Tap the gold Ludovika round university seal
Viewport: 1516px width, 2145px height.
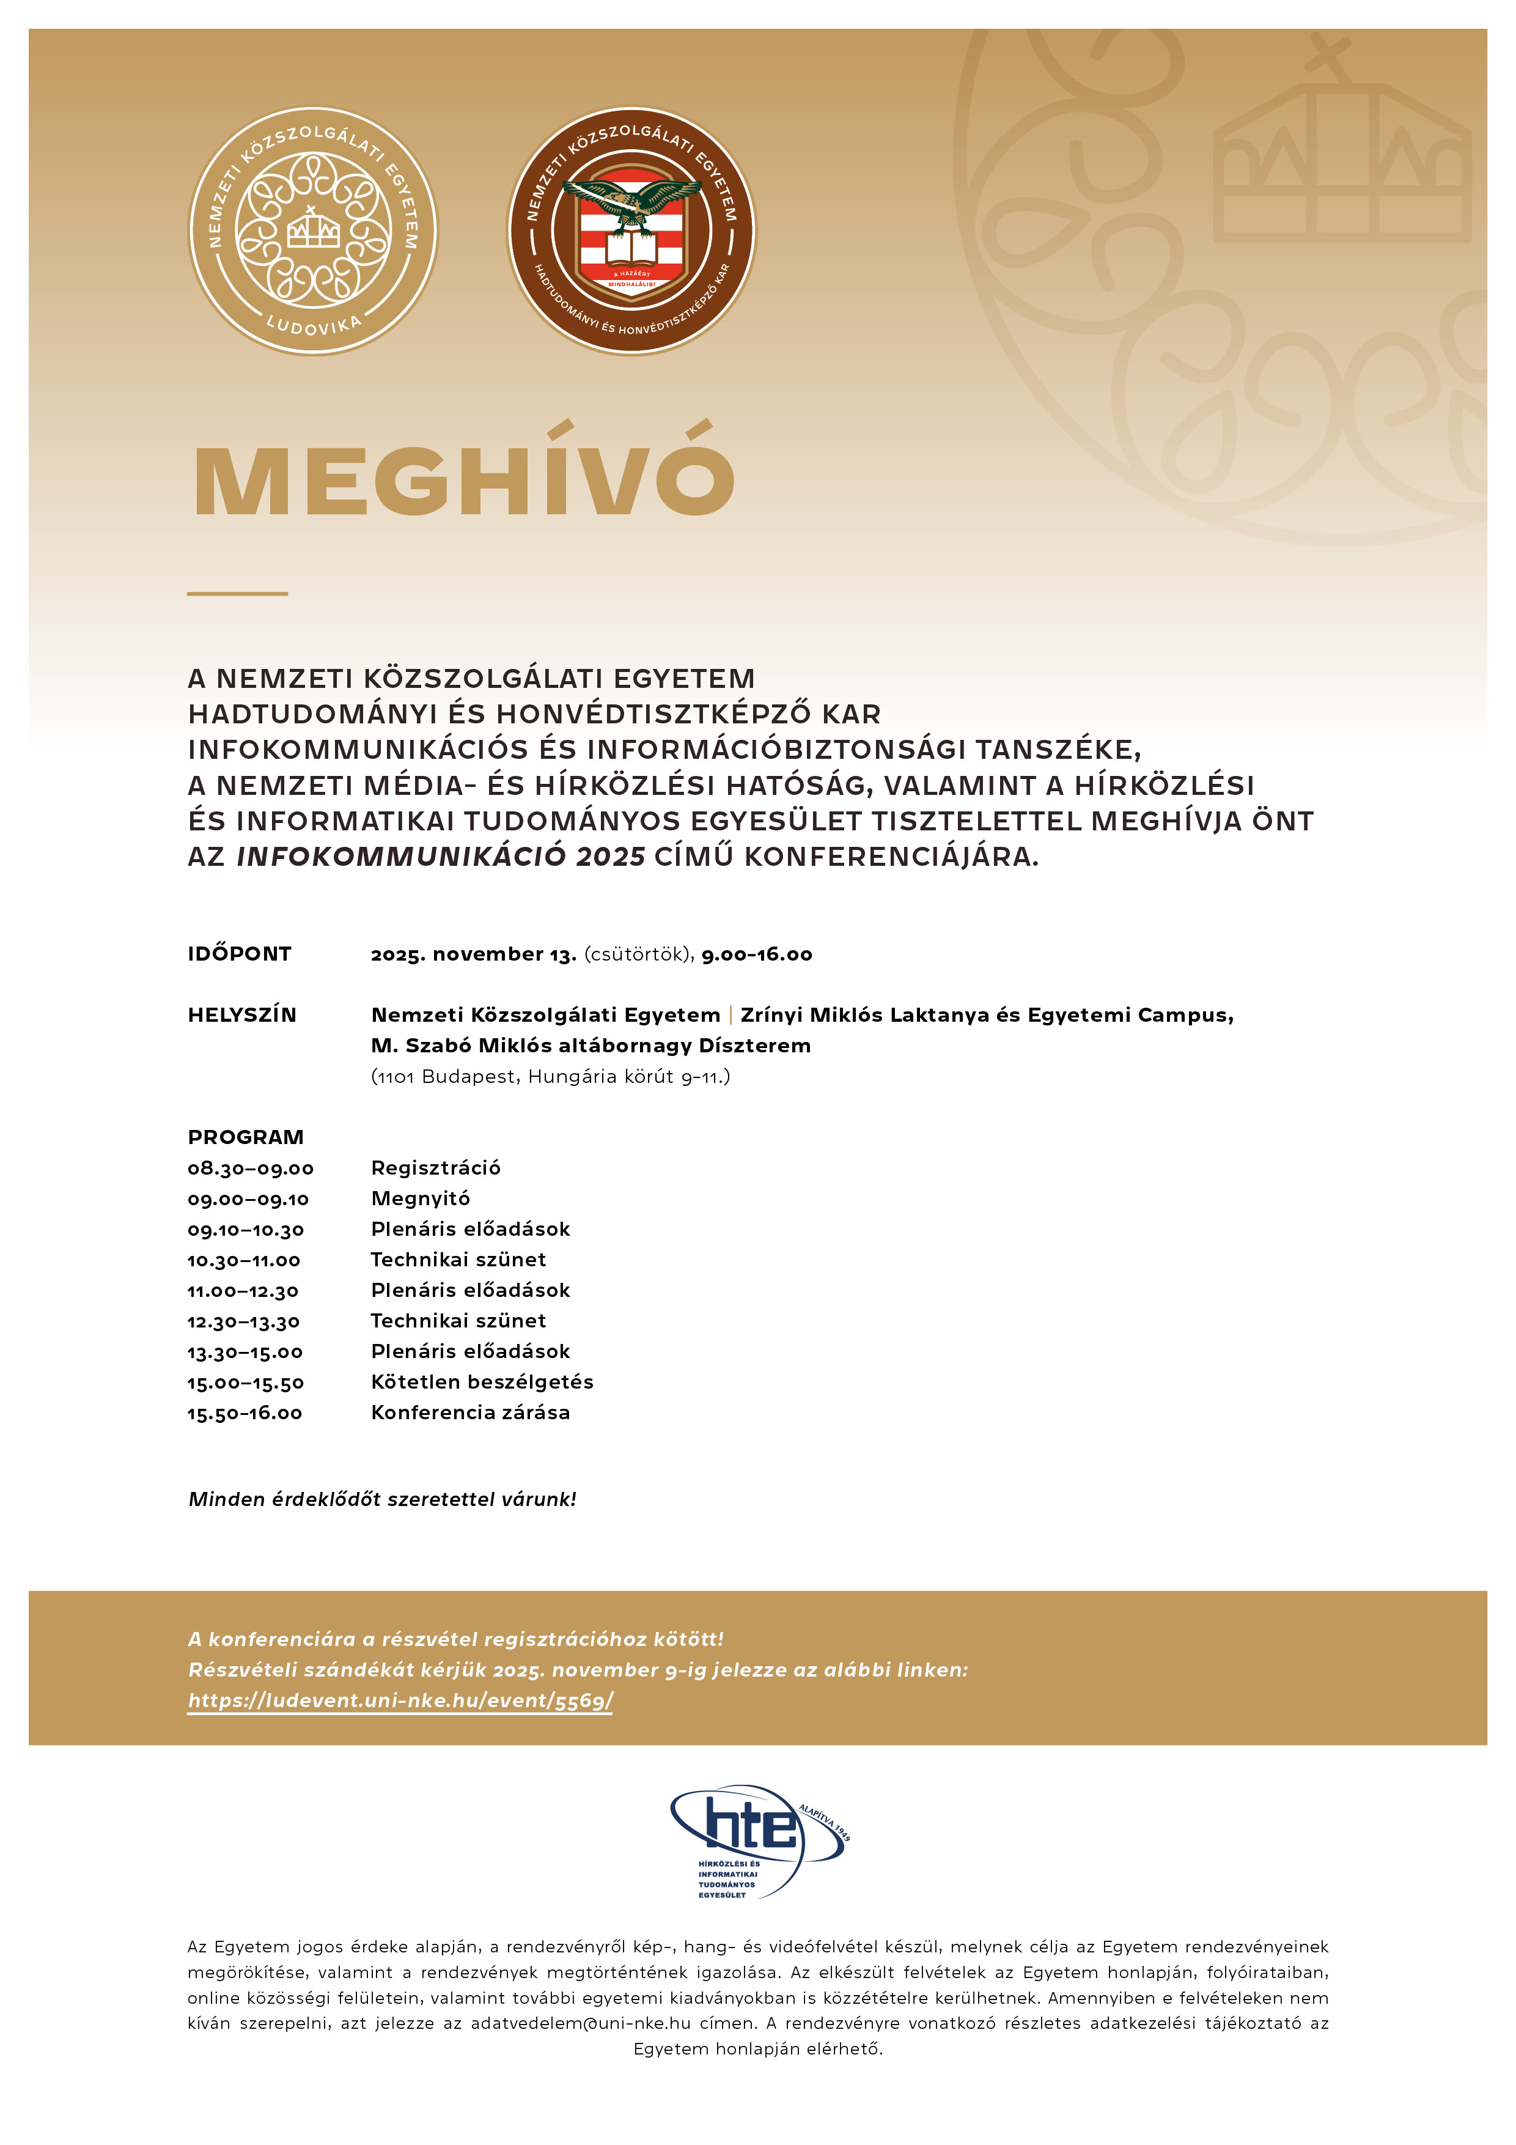313,230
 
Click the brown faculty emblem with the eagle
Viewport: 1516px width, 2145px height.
631,230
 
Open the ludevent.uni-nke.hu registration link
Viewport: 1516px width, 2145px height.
401,1700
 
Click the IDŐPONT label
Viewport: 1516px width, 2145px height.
240,954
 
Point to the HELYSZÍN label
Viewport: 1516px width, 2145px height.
242,1014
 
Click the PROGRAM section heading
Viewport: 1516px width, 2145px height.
246,1137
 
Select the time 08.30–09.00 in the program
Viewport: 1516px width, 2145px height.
251,1168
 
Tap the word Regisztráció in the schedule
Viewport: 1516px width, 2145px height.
435,1168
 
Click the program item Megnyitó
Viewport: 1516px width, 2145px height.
421,1198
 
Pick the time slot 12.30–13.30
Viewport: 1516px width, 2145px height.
244,1321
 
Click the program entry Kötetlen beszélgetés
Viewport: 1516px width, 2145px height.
482,1382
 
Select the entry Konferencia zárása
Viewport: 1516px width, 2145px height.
471,1412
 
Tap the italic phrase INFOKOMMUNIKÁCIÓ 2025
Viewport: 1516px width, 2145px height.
441,856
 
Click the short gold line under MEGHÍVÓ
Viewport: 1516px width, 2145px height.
237,593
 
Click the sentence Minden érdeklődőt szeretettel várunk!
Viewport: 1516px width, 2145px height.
382,1499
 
